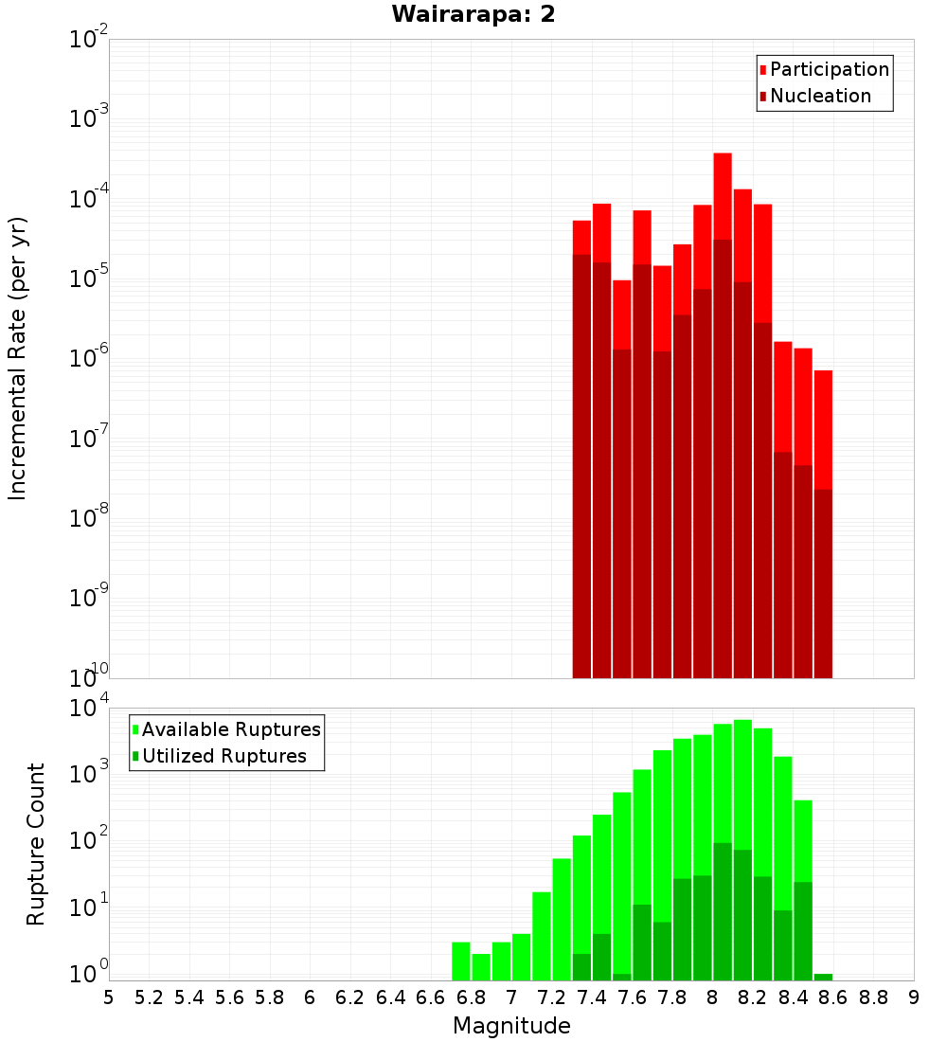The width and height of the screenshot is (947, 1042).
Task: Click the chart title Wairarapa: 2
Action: [473, 15]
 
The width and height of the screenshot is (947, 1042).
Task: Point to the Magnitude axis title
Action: [511, 1026]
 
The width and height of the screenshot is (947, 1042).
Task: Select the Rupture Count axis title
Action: [36, 843]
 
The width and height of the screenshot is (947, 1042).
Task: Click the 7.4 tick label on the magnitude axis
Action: [592, 997]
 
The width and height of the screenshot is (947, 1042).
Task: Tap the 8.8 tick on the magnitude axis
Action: [873, 997]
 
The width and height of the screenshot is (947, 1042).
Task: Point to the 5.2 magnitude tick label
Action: [149, 997]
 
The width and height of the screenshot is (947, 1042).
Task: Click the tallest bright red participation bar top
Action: [723, 154]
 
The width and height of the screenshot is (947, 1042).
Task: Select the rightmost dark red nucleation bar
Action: [823, 583]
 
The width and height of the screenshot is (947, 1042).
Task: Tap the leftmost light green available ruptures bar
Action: [461, 961]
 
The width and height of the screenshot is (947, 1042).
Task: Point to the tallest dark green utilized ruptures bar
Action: [723, 909]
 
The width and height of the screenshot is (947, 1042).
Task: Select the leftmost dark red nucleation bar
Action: [581, 464]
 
